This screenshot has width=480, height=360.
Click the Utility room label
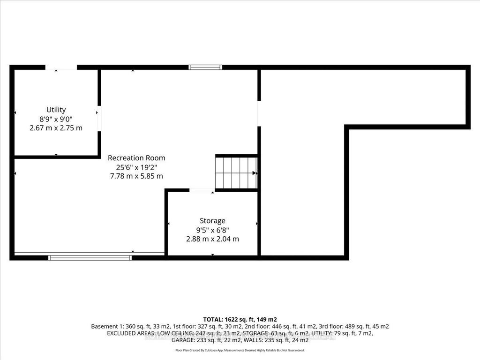[x=56, y=110]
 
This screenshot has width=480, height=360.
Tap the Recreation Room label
[x=136, y=158]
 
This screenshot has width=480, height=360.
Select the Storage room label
[x=212, y=220]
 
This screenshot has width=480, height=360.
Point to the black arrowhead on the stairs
[x=255, y=173]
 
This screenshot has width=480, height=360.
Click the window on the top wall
[x=205, y=67]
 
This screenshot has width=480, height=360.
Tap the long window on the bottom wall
[x=90, y=257]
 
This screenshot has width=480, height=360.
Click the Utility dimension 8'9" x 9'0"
[x=56, y=119]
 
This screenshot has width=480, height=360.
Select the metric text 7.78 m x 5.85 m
[x=136, y=176]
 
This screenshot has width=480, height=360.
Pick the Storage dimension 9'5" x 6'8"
[x=212, y=230]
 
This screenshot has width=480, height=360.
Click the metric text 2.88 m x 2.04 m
[x=212, y=239]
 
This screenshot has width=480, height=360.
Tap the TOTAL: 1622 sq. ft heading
[x=240, y=319]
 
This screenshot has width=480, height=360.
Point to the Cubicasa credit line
[x=240, y=350]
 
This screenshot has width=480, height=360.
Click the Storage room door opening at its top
[x=202, y=190]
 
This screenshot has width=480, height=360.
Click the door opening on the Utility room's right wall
[x=99, y=119]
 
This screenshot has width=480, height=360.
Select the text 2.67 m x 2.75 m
[x=56, y=127]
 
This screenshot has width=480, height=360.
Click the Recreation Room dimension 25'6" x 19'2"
[x=136, y=167]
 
